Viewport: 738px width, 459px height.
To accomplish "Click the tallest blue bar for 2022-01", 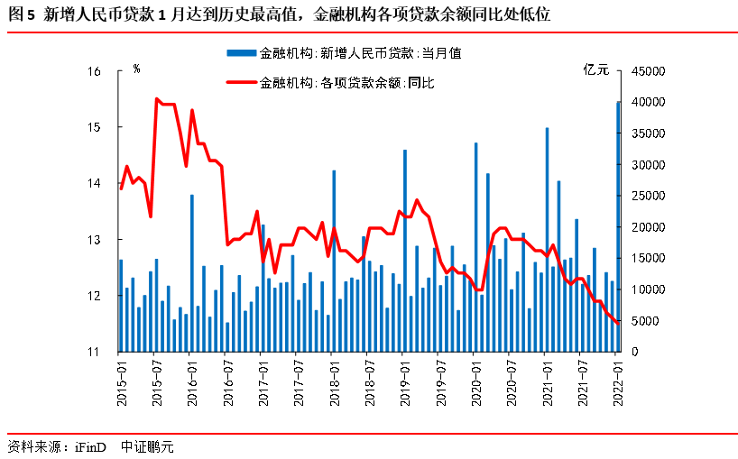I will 618,225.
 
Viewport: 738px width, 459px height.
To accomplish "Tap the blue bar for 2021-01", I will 547,239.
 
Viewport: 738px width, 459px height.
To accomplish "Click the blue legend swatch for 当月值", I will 241,53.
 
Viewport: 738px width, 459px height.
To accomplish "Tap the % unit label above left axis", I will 136,69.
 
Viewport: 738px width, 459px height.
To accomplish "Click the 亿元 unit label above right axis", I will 596,69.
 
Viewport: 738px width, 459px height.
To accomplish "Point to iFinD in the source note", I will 89,445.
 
